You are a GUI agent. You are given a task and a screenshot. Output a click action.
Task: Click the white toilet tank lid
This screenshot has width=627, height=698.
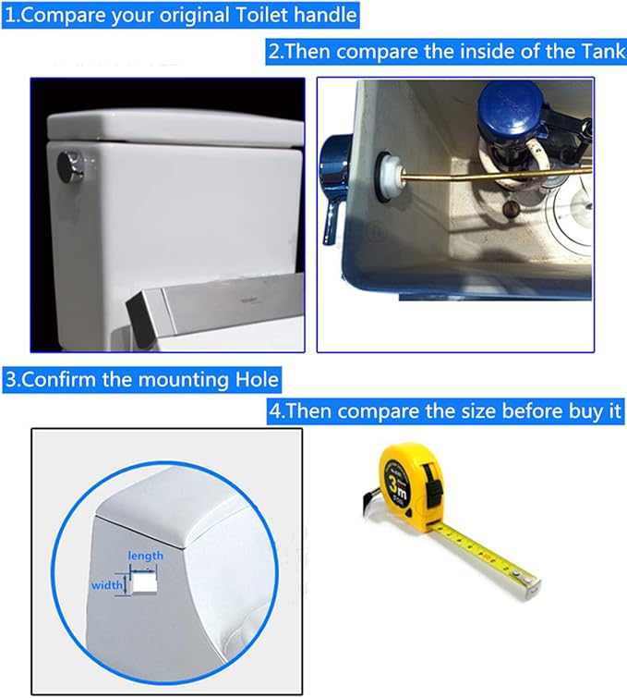coord(175,128)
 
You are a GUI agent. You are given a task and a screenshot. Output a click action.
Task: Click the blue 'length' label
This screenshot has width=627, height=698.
coord(145,556)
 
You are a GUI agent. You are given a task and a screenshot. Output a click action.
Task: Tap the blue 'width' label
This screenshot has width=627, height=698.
coord(107,584)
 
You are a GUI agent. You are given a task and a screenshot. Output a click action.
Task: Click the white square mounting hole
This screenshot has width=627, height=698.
coord(145,583)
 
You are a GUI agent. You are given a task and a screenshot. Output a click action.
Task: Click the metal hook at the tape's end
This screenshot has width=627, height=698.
coord(530,583)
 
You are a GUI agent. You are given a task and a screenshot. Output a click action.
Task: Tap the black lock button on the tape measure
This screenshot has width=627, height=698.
coord(433,486)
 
